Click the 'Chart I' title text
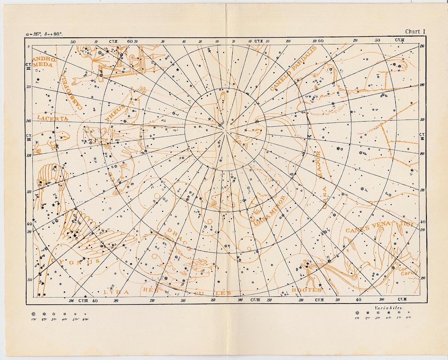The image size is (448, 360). [x=415, y=32]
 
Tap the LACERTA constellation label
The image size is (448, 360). [x=52, y=118]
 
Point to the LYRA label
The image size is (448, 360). [x=117, y=292]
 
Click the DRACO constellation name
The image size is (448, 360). [x=179, y=239]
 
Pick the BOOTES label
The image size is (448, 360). [x=306, y=290]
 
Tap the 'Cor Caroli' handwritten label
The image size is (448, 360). [x=408, y=270]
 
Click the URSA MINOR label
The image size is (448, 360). [x=270, y=212]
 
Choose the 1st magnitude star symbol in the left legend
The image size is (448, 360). [x=34, y=314]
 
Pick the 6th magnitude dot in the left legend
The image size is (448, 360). [x=85, y=314]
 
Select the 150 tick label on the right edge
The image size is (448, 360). [x=422, y=120]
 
